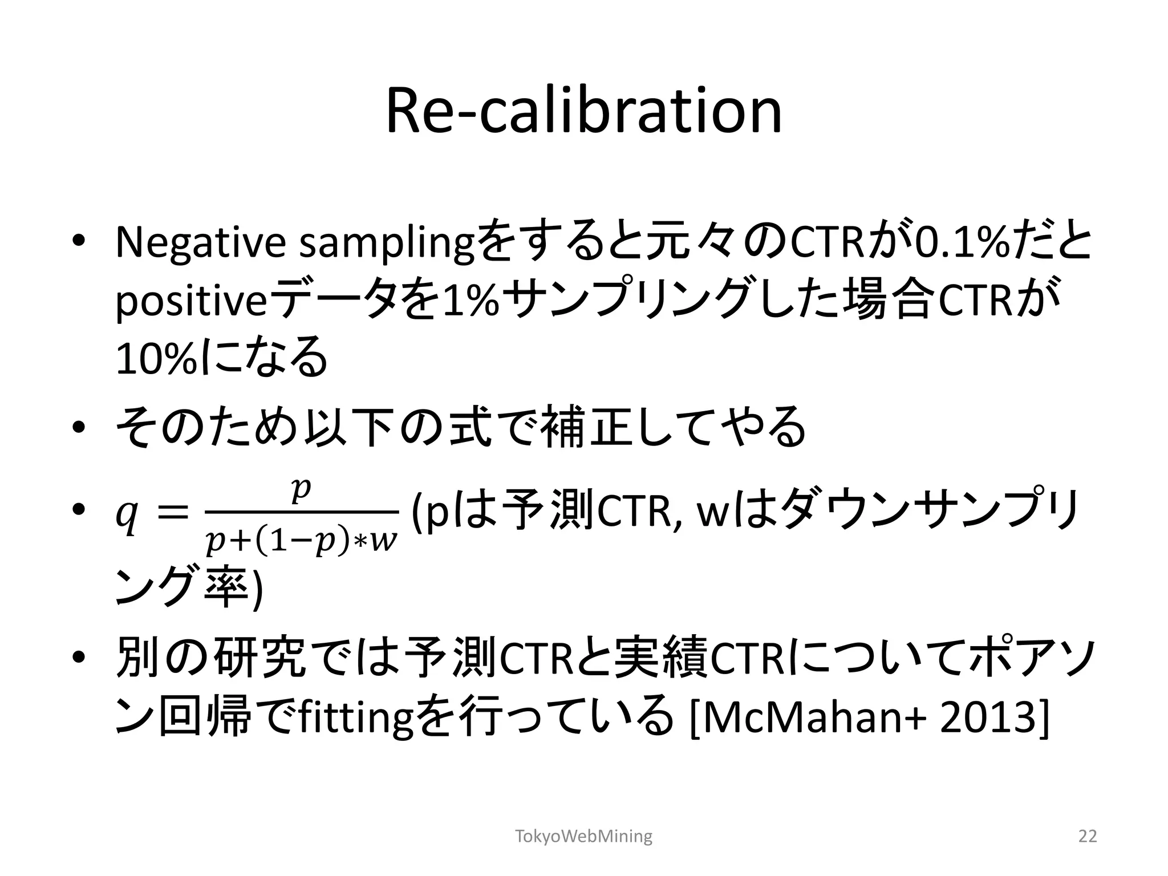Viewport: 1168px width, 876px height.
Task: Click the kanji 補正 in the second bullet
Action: (585, 427)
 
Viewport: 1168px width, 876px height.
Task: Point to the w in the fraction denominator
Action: (383, 542)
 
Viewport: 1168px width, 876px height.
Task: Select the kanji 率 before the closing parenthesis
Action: (226, 587)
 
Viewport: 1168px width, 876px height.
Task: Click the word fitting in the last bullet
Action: (354, 720)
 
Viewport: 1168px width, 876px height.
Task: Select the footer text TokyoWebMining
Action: (583, 836)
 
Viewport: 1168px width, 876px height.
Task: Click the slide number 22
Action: (1088, 836)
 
